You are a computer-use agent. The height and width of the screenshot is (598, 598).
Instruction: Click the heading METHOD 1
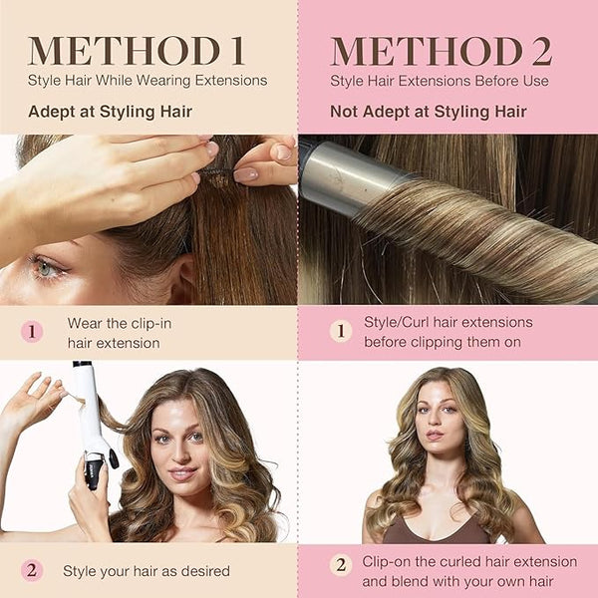click(137, 51)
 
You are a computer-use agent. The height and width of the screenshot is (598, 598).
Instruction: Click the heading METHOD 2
click(442, 51)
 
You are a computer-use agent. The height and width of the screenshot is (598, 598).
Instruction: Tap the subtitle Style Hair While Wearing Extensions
click(148, 81)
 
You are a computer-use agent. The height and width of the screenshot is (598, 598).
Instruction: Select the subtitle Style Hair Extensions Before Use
click(440, 81)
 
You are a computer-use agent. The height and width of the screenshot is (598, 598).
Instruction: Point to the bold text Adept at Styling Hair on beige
click(111, 112)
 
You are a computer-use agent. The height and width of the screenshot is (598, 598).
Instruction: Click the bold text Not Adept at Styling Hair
click(429, 112)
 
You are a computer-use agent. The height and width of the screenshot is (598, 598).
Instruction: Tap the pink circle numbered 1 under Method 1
click(32, 332)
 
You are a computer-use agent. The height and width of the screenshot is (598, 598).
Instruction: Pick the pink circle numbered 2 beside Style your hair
click(32, 570)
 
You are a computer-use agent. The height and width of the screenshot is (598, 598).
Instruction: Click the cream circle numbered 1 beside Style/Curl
click(341, 331)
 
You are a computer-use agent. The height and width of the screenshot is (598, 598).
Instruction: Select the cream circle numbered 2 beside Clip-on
click(341, 564)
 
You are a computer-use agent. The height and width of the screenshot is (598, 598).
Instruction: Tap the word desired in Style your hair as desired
click(205, 571)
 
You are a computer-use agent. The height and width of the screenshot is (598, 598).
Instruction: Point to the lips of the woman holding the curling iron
click(183, 474)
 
